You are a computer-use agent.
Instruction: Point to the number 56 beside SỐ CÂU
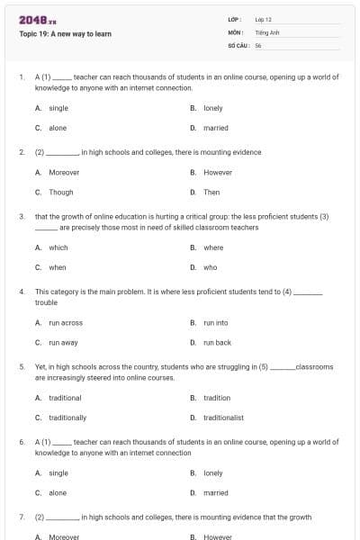258,44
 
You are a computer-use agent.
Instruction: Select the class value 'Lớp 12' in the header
263,18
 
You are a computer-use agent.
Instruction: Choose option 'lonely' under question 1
212,108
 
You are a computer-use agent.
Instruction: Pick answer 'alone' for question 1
58,128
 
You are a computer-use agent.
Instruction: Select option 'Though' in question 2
61,192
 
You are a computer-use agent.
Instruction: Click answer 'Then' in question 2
211,192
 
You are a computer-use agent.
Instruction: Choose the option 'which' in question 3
58,247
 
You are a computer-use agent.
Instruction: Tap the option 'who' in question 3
210,267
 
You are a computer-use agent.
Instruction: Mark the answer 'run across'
65,322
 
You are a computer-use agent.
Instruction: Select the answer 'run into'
216,322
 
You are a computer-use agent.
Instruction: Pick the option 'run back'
217,342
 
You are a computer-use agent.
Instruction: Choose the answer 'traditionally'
67,418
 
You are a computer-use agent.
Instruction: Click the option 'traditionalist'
223,418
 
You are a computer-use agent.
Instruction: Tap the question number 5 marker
22,367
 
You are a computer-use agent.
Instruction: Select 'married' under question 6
216,492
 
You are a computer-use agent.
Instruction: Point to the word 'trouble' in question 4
46,302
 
